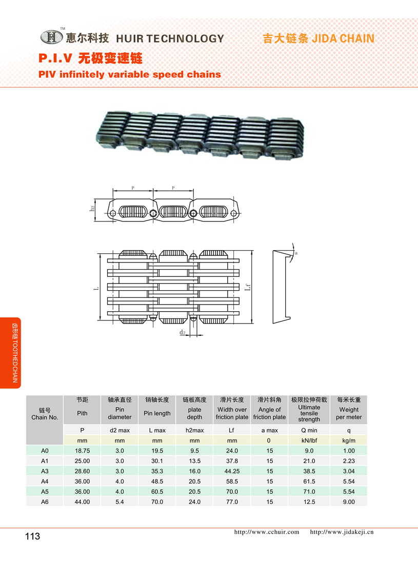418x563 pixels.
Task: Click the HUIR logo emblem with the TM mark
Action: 52,36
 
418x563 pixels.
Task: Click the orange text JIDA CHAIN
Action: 343,38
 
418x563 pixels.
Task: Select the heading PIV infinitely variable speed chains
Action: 130,74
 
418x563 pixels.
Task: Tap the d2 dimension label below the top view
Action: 183,332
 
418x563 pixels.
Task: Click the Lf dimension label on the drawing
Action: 248,287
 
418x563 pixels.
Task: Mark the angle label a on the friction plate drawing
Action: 296,253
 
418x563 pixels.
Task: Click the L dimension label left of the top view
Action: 96,288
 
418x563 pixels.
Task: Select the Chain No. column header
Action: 45,414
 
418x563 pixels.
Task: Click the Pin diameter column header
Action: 120,413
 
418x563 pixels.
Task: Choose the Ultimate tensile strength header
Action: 309,413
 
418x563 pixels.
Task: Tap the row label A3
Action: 45,471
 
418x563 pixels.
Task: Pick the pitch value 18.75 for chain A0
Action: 82,451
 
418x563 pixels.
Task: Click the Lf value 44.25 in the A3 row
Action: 232,471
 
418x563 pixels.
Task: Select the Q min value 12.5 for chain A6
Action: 309,501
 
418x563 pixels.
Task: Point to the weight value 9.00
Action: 349,501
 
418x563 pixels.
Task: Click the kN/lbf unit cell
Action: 309,440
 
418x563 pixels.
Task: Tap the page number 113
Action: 33,536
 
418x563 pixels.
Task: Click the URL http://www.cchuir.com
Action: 267,532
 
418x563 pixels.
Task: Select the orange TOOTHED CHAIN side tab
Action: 10,353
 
